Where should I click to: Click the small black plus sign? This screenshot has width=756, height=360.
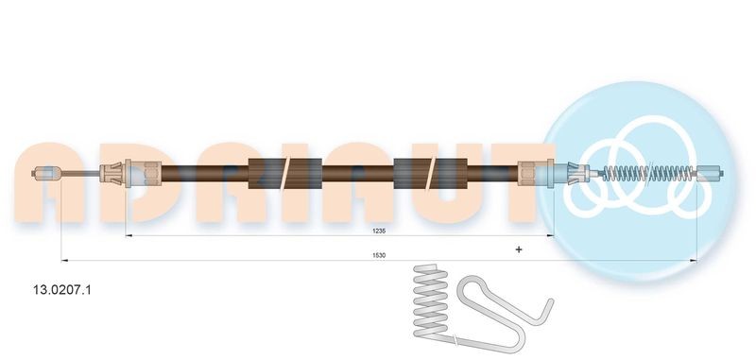519,249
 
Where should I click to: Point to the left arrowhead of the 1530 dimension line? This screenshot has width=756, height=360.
63,259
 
